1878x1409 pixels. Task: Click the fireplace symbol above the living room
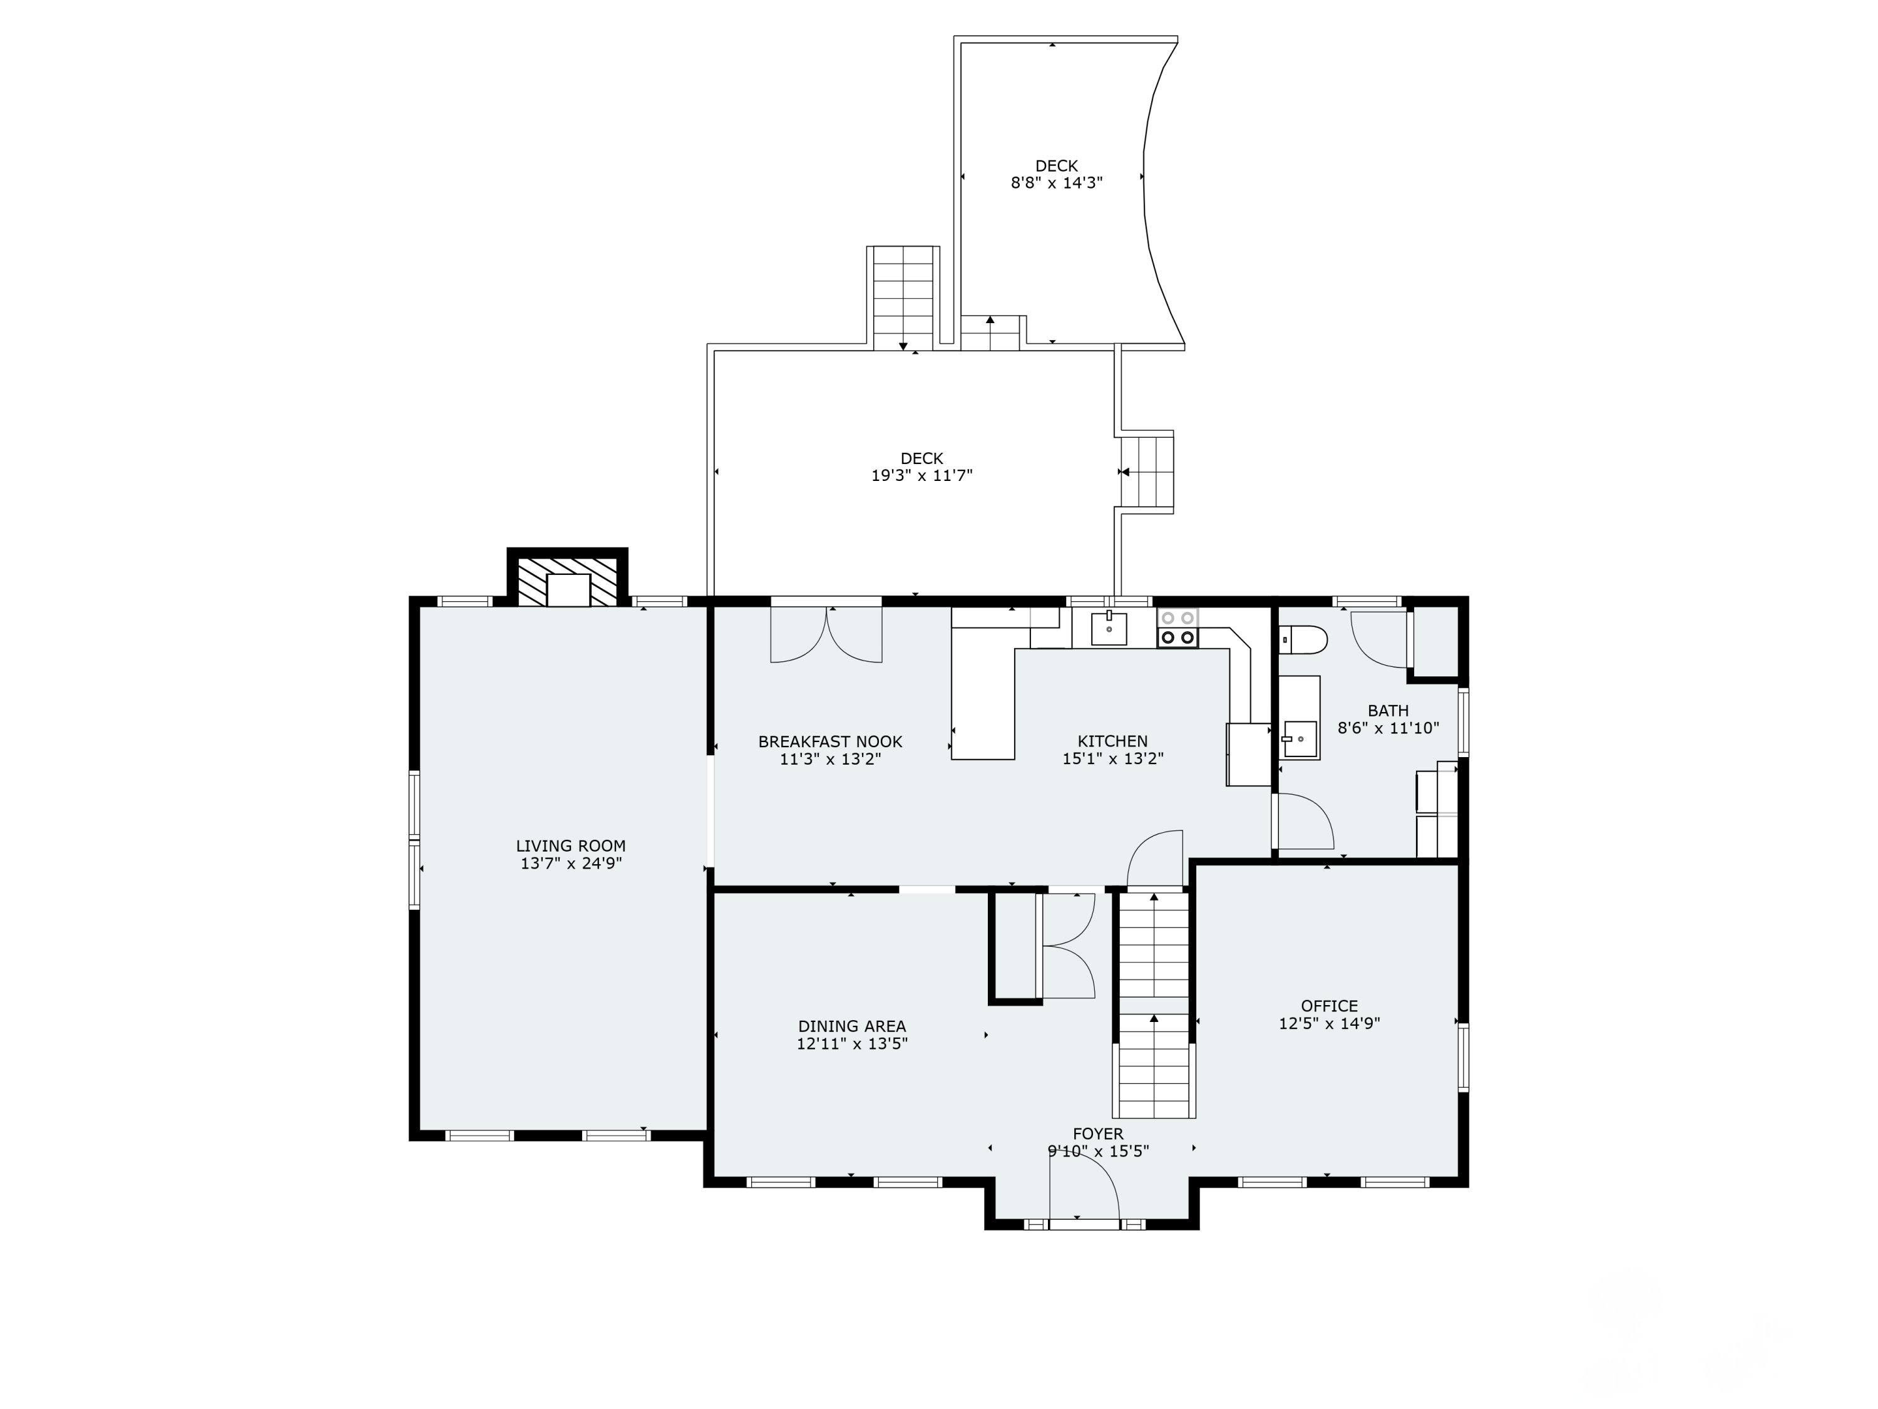[x=567, y=582]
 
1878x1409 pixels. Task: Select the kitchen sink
[x=1109, y=629]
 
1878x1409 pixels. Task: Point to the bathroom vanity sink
[x=1300, y=739]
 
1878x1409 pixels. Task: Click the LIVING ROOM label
[x=570, y=846]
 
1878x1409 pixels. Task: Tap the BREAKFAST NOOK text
[x=830, y=741]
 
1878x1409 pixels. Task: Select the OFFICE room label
[x=1330, y=1006]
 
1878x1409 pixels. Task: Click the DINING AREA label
[x=851, y=1026]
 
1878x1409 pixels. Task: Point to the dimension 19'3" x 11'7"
[x=922, y=475]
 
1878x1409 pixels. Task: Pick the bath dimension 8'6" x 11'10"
[x=1388, y=728]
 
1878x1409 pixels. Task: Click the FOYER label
[x=1098, y=1134]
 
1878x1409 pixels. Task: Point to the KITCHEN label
[x=1112, y=741]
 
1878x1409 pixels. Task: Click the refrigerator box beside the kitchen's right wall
[x=1248, y=754]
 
